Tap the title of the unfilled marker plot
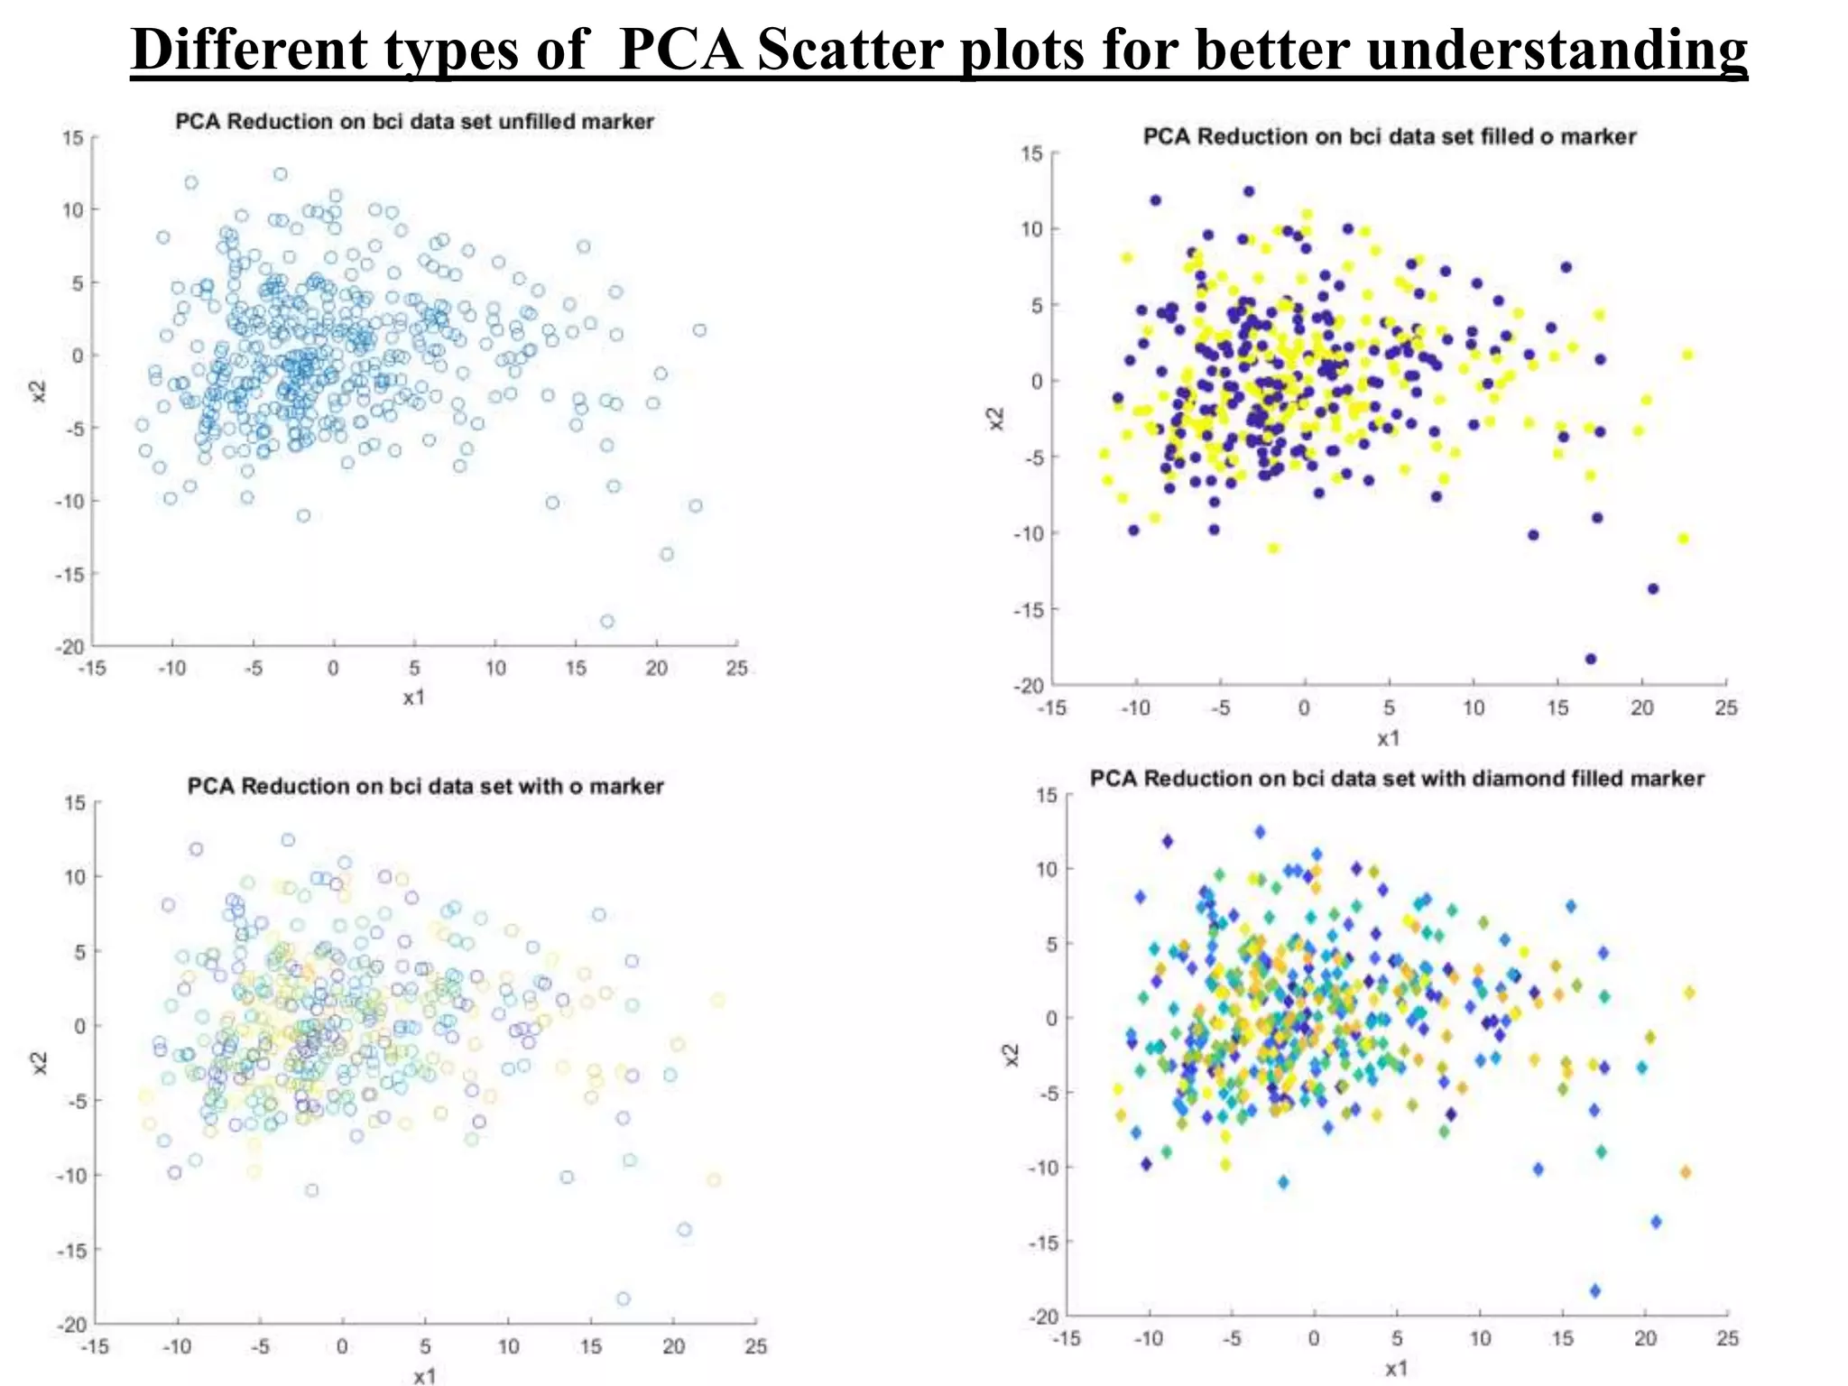tap(414, 121)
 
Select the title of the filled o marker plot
tap(1389, 136)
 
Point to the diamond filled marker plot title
tap(1397, 779)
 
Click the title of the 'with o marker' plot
tap(425, 786)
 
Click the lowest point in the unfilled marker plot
tap(607, 621)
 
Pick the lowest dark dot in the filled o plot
tap(1591, 659)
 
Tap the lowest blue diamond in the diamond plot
tap(1595, 1291)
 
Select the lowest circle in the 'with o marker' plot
tap(624, 1299)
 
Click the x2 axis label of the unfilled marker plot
tap(39, 392)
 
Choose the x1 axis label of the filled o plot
tap(1389, 738)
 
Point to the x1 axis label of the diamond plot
tap(1396, 1369)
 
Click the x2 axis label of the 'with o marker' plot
tap(39, 1064)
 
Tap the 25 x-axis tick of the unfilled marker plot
tap(737, 669)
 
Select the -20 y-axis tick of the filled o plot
tap(1028, 686)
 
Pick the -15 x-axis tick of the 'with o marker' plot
tap(95, 1347)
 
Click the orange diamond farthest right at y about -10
tap(1685, 1172)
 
